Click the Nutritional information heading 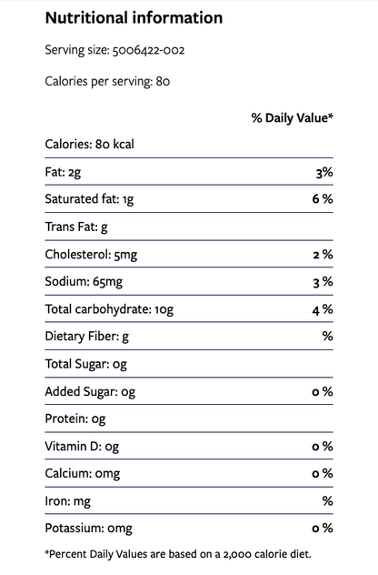(134, 17)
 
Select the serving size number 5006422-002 (148, 50)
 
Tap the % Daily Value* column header (293, 118)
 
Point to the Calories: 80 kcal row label (89, 144)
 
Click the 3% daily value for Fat (324, 172)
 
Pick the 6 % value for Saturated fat (323, 198)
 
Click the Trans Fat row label (76, 227)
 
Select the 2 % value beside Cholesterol (323, 255)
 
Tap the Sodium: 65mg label (84, 282)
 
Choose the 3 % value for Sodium (323, 282)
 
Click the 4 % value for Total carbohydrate (323, 309)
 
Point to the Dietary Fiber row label (87, 337)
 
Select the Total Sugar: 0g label (86, 364)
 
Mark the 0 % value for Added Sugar (323, 391)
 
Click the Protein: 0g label (75, 419)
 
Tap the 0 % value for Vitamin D (323, 447)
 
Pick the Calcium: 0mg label (83, 473)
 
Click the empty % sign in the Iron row (328, 501)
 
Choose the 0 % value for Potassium (323, 528)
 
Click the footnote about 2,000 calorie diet (178, 554)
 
